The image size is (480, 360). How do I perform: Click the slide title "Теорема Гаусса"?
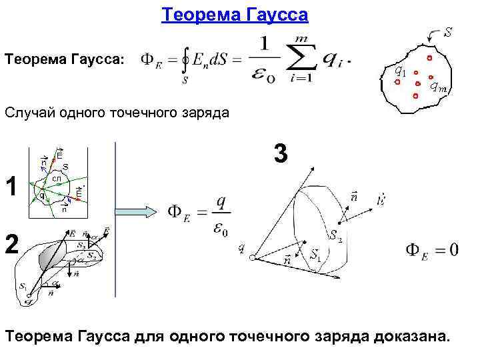tap(235, 14)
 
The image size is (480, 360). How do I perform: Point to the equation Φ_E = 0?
tap(431, 250)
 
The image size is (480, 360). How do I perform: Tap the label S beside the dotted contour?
tap(449, 31)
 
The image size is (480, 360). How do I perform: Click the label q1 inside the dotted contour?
tap(399, 69)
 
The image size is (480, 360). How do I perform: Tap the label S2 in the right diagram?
tap(335, 235)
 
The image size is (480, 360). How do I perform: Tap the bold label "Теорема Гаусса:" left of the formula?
tap(64, 60)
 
